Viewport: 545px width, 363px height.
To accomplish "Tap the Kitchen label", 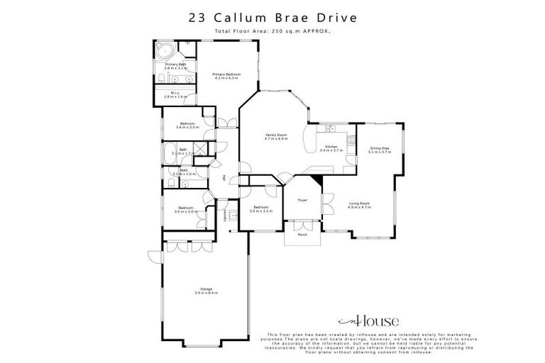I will click(x=331, y=148).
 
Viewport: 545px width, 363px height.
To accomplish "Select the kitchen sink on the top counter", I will click(x=329, y=128).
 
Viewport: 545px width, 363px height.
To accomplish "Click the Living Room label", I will click(x=359, y=205).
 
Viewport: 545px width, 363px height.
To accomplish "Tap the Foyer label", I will click(x=302, y=200).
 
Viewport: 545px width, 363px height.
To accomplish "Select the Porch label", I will click(x=302, y=233).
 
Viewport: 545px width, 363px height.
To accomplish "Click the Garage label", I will click(x=205, y=289).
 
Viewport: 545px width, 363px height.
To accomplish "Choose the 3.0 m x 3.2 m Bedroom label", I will click(x=260, y=209).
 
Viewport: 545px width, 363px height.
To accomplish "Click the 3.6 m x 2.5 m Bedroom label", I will click(x=187, y=125).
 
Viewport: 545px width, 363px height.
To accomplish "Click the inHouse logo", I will click(x=368, y=320).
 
